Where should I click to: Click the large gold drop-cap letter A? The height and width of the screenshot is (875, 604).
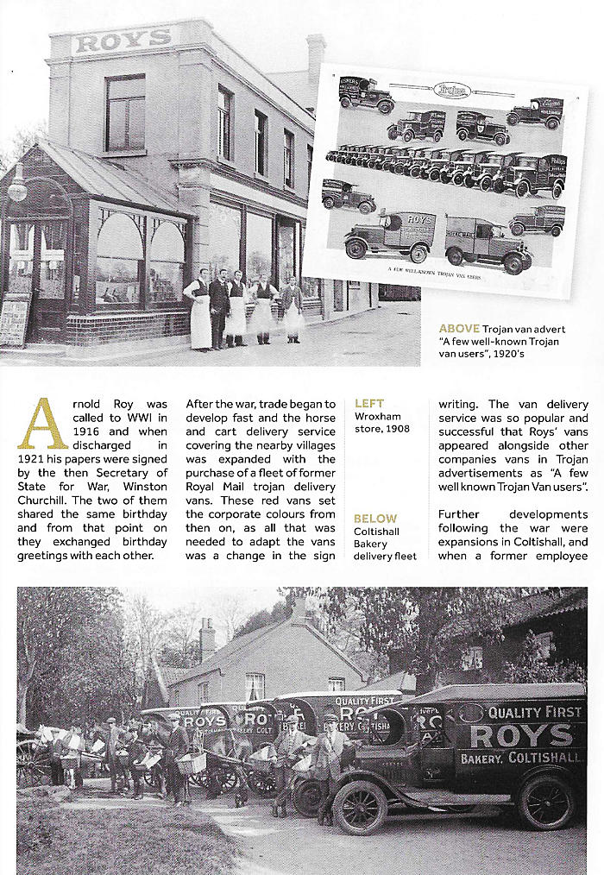[x=43, y=424]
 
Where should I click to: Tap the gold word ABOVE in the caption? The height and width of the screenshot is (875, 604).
[x=458, y=329]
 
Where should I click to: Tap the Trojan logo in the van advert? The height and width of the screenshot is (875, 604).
[x=450, y=89]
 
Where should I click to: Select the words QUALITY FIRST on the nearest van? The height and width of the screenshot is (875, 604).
[x=535, y=713]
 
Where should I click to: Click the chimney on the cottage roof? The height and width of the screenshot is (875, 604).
[x=207, y=639]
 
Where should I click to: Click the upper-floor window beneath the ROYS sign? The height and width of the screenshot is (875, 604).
[x=126, y=112]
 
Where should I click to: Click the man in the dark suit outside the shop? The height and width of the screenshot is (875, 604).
[x=219, y=306]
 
